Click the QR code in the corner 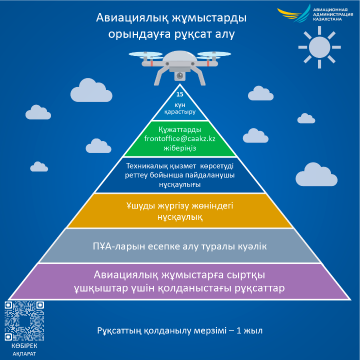pos(24,321)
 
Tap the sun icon pos(319,47)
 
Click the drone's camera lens pos(180,75)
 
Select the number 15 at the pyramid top pos(180,94)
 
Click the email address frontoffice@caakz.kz pos(180,138)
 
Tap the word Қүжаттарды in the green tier pos(180,129)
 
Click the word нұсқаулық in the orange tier pos(180,217)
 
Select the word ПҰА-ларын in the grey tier pos(119,246)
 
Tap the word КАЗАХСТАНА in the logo pos(327,19)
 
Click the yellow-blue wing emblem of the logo pos(294,13)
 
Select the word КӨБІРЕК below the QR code pos(24,346)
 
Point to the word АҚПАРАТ pos(24,354)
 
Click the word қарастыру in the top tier pos(180,112)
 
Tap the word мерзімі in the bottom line pos(210,330)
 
